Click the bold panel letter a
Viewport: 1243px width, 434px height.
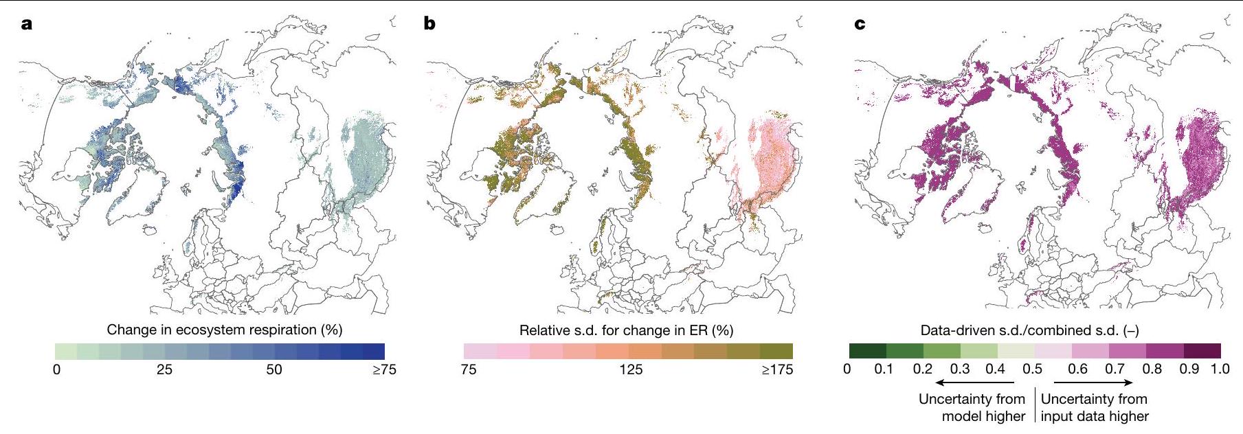(27, 25)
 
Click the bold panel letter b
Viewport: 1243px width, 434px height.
(430, 25)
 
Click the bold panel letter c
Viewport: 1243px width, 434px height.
(859, 25)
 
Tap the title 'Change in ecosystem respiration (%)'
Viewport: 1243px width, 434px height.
(225, 330)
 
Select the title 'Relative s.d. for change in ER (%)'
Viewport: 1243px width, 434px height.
(626, 330)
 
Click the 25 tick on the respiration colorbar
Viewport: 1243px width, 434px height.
(164, 369)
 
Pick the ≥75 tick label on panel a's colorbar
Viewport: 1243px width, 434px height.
(383, 369)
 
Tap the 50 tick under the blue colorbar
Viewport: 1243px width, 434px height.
(274, 369)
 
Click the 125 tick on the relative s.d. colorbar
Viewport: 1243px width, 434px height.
(631, 369)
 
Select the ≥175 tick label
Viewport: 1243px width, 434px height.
(776, 369)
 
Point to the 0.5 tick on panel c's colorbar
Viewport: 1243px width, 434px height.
(1032, 369)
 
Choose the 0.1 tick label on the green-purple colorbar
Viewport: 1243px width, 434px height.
(884, 369)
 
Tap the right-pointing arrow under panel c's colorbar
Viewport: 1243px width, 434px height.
(1093, 382)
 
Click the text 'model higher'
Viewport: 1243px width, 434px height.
(983, 416)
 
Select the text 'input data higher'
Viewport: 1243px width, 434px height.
(1095, 416)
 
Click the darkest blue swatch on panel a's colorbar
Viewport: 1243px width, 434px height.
(374, 351)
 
